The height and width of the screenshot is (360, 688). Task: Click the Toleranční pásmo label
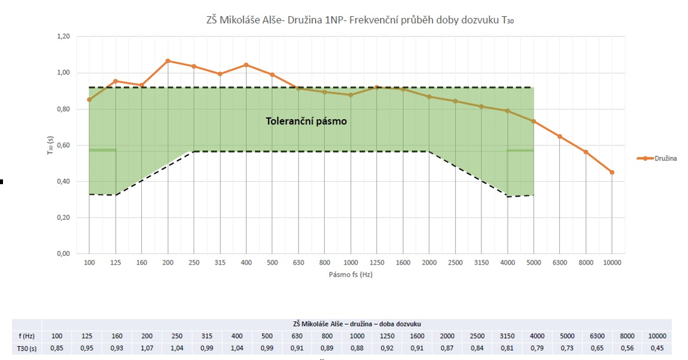306,121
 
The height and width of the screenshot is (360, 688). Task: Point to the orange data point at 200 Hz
168,61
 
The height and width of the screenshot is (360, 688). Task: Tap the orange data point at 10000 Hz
612,172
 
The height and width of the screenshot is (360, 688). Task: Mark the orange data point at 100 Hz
89,100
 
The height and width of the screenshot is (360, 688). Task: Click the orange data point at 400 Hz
246,65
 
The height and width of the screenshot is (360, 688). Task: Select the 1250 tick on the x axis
376,263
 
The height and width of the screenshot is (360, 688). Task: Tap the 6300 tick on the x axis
559,263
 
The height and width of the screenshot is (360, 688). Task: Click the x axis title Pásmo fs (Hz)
350,275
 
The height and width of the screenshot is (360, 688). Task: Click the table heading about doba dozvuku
357,324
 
